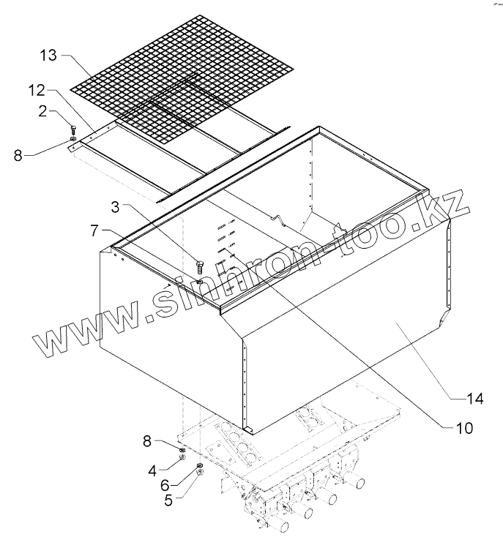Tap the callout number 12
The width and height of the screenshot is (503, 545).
(x=37, y=90)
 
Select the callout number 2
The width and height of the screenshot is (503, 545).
(x=43, y=110)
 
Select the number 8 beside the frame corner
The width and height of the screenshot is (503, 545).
(x=18, y=155)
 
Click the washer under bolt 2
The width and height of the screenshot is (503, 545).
(x=73, y=138)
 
